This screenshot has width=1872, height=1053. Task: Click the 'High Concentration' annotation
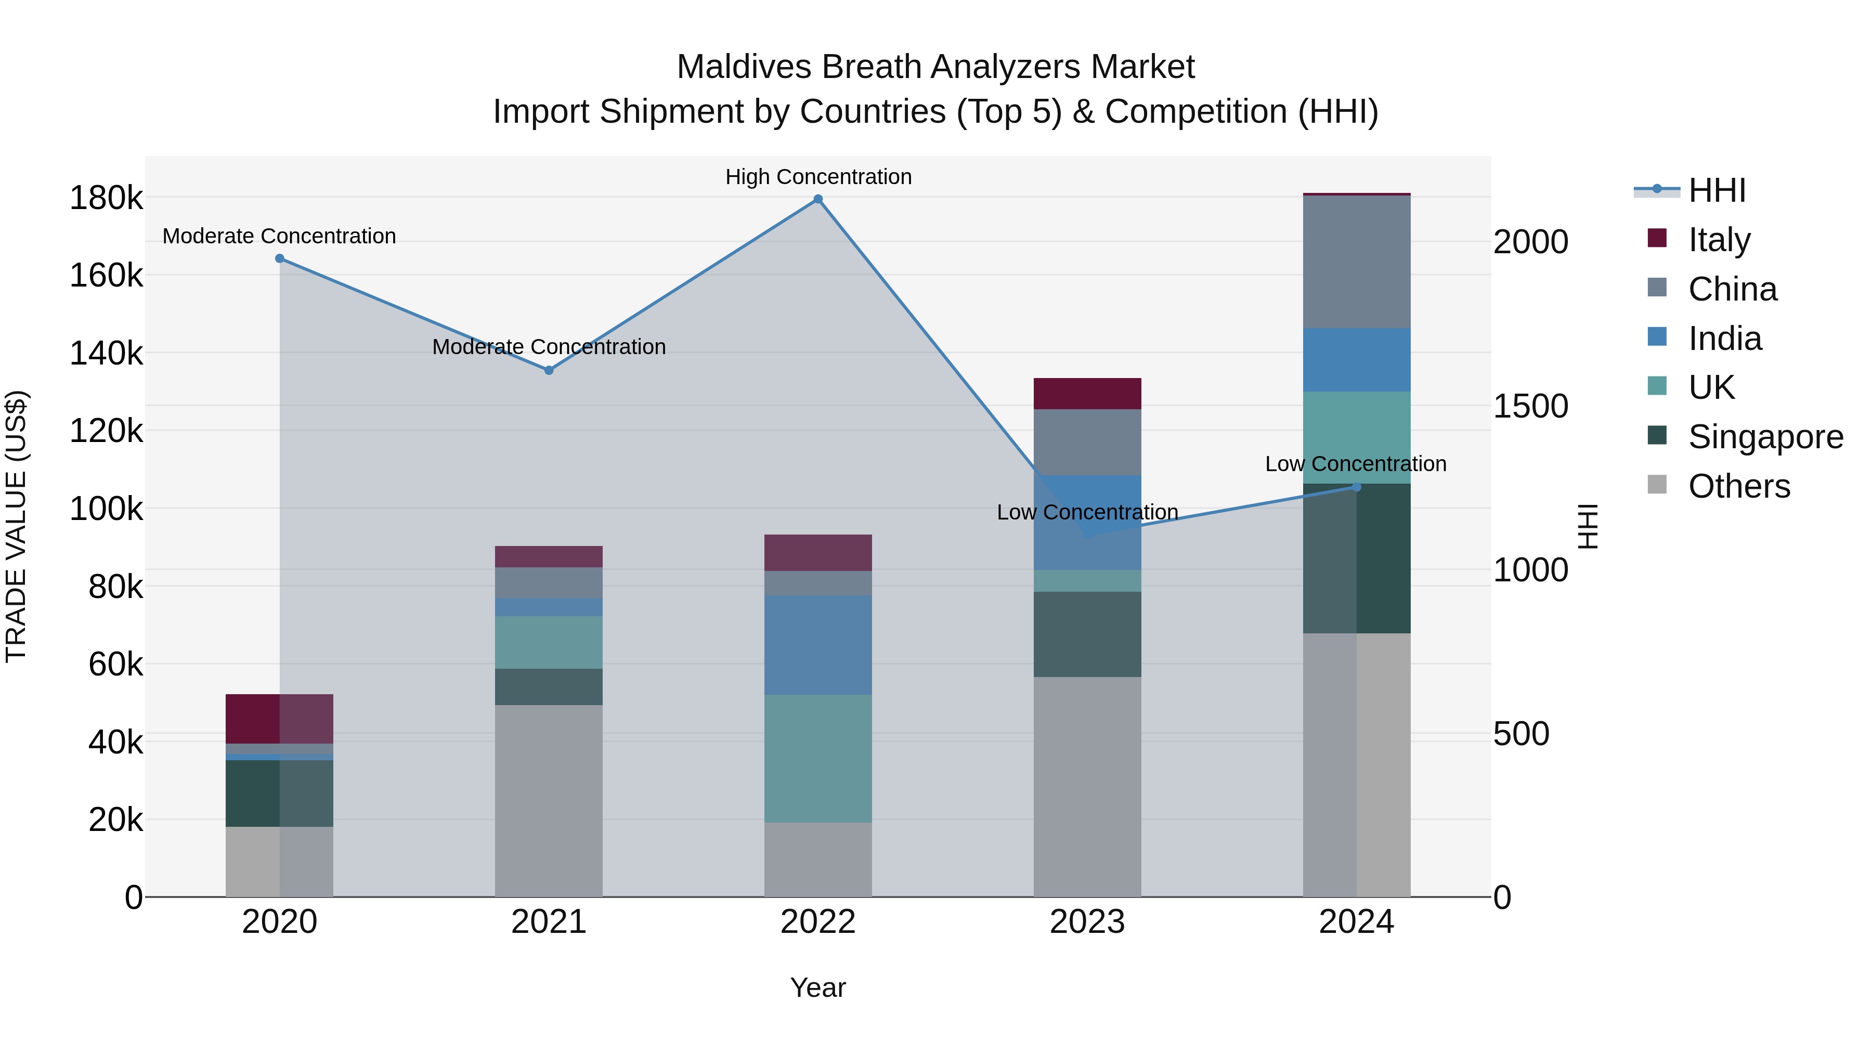point(818,177)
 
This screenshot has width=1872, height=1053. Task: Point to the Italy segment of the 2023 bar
point(1087,393)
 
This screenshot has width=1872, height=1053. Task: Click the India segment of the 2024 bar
point(1356,360)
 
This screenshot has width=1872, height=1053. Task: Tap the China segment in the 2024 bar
point(1356,262)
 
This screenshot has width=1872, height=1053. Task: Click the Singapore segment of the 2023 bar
point(1087,634)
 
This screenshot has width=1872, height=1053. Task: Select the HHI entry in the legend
point(1717,190)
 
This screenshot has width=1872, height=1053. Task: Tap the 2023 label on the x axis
point(1087,922)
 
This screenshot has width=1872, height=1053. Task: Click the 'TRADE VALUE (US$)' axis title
point(16,526)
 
